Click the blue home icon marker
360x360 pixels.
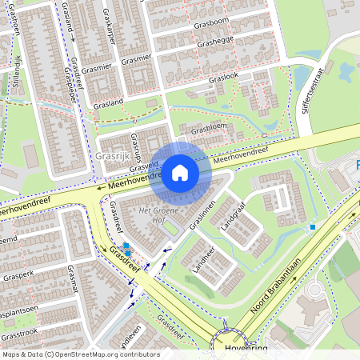click(180, 173)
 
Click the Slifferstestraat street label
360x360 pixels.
click(314, 88)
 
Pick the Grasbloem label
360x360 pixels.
click(209, 126)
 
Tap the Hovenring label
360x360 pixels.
click(248, 349)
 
